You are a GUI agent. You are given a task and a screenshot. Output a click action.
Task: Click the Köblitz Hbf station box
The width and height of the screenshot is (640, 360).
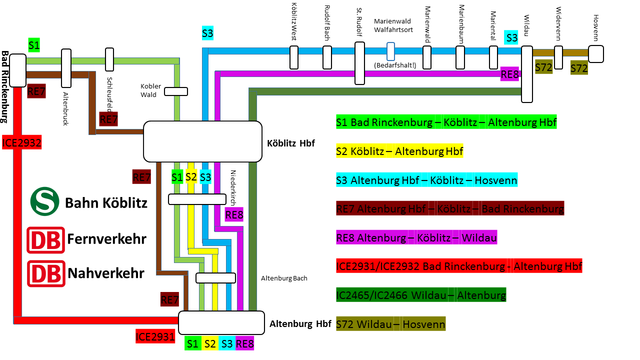tap(202, 141)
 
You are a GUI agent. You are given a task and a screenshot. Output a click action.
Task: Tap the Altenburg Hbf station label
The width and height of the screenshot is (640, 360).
tap(300, 323)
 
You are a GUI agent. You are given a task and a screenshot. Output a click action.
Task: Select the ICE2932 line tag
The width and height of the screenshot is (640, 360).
tap(21, 142)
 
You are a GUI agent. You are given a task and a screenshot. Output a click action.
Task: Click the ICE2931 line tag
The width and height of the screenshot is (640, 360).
tap(155, 336)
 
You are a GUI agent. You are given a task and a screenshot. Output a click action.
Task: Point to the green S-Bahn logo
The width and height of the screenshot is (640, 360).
tap(44, 201)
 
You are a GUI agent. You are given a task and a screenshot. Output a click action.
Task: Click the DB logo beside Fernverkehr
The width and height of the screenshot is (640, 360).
tap(45, 240)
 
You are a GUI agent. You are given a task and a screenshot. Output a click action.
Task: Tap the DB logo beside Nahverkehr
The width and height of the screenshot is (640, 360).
tap(46, 273)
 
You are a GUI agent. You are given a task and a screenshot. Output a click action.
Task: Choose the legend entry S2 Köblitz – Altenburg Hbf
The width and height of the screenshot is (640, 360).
tap(399, 151)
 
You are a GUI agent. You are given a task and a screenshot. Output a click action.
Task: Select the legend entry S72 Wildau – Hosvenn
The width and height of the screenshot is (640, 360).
tap(390, 324)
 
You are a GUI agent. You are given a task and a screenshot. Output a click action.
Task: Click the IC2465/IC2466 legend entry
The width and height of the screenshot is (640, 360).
tap(421, 295)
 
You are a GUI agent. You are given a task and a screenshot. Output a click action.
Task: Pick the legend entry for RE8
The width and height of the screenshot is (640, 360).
tap(416, 237)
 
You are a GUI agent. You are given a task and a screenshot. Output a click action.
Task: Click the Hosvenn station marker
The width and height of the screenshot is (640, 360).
tap(596, 54)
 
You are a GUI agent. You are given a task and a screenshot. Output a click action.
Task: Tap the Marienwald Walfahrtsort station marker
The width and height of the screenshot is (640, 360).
tap(390, 51)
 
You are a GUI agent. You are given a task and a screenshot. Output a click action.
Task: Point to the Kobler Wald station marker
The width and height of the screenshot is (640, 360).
tap(176, 91)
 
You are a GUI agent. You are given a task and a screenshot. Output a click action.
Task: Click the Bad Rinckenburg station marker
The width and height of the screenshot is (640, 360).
tap(17, 70)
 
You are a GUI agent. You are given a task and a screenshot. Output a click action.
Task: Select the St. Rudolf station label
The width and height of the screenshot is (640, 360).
tap(359, 22)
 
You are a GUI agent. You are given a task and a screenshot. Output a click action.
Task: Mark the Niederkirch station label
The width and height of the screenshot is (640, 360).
tap(233, 187)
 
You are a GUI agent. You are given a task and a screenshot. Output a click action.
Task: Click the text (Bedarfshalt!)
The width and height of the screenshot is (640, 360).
tap(395, 65)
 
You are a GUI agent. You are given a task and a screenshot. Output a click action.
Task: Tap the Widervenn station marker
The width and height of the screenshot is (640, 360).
tap(558, 57)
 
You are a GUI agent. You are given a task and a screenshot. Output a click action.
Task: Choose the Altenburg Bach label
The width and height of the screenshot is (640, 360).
tap(284, 278)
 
